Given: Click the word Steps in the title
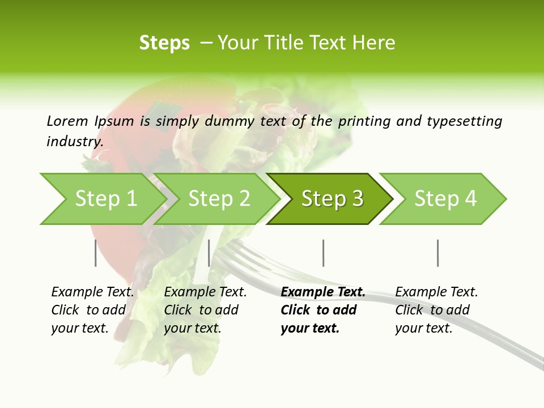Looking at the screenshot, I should [x=164, y=43].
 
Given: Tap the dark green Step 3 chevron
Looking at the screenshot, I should [x=332, y=199].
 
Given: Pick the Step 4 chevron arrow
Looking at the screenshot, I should [x=445, y=199].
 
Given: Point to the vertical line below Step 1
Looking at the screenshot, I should [x=96, y=253].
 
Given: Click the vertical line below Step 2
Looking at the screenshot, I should [x=209, y=253].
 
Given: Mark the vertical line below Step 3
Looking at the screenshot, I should [x=324, y=253].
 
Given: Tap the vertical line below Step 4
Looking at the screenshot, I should [x=438, y=253].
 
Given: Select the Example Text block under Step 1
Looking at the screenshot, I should [x=92, y=310].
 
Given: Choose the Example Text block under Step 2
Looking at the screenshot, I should [x=205, y=310].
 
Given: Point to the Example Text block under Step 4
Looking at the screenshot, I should [x=436, y=310].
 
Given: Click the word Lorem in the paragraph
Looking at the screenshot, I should [x=67, y=121].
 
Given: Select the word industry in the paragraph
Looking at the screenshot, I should [x=74, y=141].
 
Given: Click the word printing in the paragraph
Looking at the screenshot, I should [x=363, y=121].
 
